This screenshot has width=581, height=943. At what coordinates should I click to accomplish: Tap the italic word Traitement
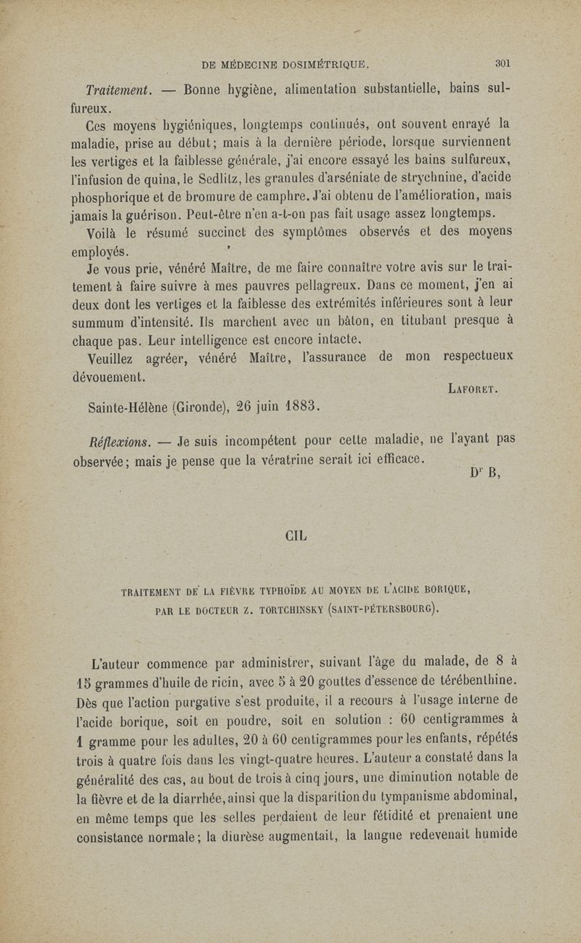(115, 92)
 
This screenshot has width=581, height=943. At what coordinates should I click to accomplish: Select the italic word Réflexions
(116, 441)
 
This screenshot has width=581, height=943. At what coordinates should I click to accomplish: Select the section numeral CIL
(296, 537)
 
